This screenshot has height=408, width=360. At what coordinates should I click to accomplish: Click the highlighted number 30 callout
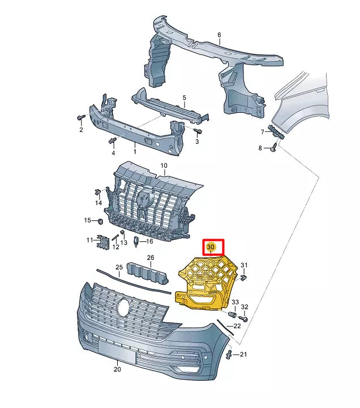[x=211, y=248]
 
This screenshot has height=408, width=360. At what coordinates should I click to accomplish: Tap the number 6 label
[x=219, y=35]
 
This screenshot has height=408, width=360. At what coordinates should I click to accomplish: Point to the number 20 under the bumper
[x=117, y=369]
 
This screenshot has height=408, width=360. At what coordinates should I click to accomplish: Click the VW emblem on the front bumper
[x=123, y=308]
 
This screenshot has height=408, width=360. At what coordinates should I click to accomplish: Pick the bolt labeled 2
[x=80, y=118]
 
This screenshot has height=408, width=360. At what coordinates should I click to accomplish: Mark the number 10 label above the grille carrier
[x=164, y=166]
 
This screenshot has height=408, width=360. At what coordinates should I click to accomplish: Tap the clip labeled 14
[x=98, y=191]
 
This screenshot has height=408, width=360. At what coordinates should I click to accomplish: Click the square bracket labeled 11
[x=102, y=241]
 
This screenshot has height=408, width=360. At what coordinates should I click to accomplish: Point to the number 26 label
[x=150, y=258]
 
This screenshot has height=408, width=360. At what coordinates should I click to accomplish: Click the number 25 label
[x=119, y=267]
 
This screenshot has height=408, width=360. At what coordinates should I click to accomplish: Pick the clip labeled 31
[x=243, y=278]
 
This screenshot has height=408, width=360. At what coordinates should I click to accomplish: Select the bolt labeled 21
[x=229, y=355]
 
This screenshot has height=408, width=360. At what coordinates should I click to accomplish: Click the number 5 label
[x=184, y=98]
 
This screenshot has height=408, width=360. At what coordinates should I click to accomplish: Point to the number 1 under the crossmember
[x=134, y=151]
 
